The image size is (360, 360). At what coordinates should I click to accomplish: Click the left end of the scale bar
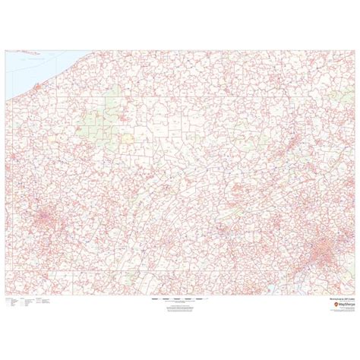(152, 299)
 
